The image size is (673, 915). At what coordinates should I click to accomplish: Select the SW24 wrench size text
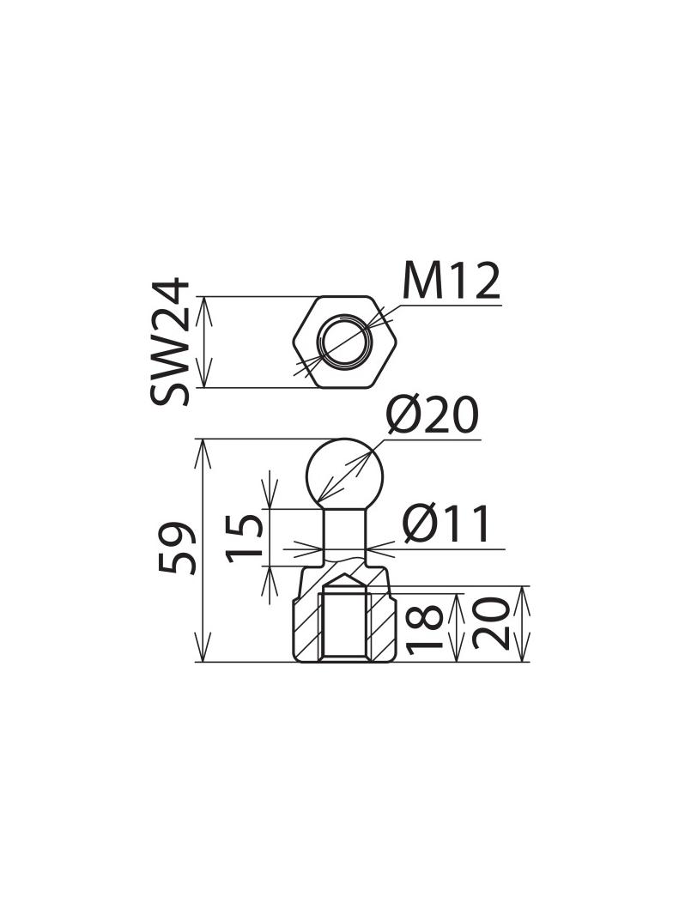169,341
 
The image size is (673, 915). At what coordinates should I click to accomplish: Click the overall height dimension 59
178,549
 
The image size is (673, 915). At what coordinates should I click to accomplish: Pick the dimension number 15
246,536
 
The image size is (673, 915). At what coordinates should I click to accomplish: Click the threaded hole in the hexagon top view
344,342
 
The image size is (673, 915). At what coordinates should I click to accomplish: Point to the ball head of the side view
344,472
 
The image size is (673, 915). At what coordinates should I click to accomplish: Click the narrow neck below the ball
344,532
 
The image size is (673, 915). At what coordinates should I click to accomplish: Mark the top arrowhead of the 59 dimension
203,448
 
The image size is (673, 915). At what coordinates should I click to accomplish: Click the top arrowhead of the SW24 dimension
203,306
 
